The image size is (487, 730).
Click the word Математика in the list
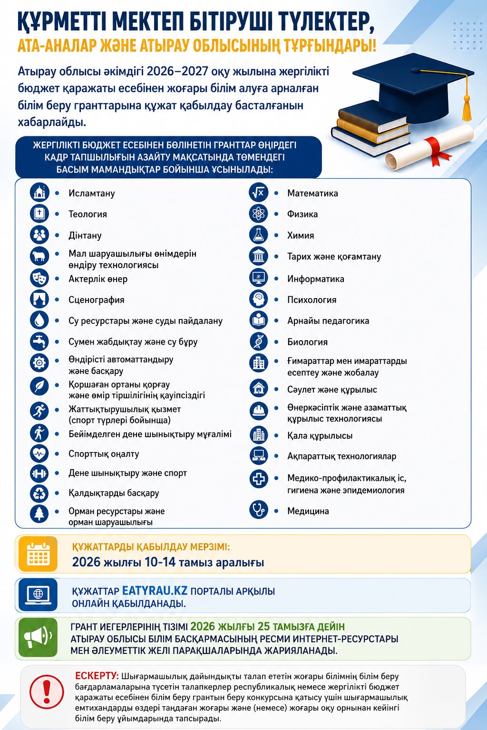tap(312, 193)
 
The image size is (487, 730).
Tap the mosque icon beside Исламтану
tap(39, 192)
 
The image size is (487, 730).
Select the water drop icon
tap(39, 320)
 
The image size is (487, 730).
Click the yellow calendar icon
tap(38, 554)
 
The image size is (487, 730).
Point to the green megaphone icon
tap(38, 637)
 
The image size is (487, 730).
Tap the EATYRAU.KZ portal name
tap(155, 590)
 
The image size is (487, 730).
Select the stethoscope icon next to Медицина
tap(259, 509)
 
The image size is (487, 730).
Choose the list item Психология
tap(312, 300)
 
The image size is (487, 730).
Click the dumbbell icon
tap(39, 473)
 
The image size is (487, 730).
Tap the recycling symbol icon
tap(39, 493)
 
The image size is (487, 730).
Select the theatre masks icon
tap(39, 279)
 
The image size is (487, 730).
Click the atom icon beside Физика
tap(258, 214)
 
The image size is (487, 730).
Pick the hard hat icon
tap(259, 411)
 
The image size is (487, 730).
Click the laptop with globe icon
tap(38, 595)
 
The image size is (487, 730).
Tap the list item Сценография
tap(96, 300)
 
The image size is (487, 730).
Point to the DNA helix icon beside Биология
tap(258, 342)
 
